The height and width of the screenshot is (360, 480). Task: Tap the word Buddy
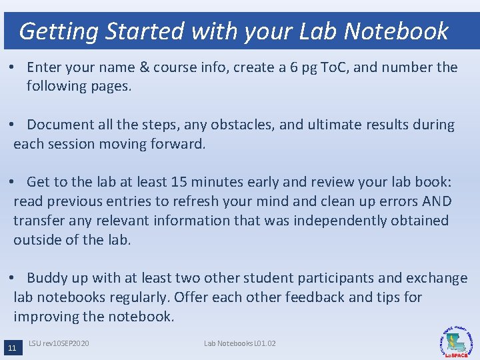[49, 278]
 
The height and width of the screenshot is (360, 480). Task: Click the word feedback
[314, 297]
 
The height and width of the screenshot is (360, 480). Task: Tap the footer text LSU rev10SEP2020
[59, 343]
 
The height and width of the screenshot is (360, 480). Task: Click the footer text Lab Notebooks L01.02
[240, 343]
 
